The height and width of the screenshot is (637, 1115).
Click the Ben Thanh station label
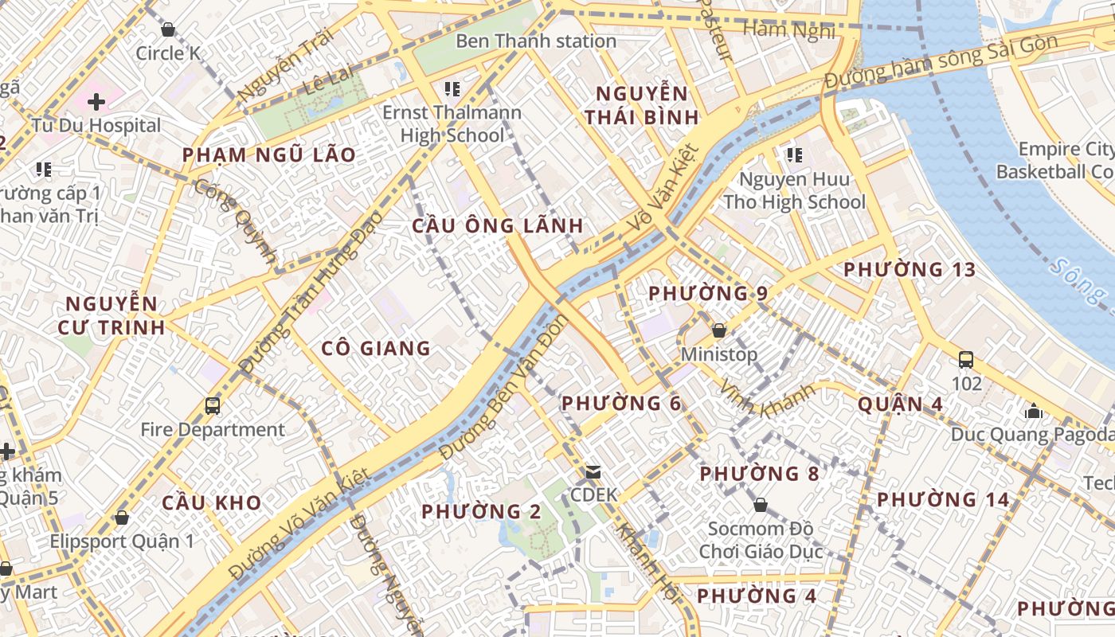tap(535, 41)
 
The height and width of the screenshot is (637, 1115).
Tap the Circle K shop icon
tap(168, 30)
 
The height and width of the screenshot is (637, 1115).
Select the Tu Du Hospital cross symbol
tap(96, 102)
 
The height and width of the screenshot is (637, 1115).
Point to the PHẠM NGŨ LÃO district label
tap(269, 155)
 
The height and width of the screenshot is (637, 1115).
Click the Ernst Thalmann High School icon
tap(452, 88)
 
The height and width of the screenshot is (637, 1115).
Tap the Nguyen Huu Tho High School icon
tap(794, 154)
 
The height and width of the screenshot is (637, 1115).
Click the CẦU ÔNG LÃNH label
tap(498, 226)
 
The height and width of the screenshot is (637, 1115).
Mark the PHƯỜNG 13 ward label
tap(910, 270)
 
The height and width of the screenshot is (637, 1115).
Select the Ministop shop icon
tap(719, 330)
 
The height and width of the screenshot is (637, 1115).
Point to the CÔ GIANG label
tap(376, 348)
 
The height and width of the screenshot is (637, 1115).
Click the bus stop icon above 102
tap(966, 360)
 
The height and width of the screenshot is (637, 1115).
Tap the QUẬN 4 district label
tap(900, 404)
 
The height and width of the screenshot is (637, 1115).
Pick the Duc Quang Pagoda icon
tap(1034, 411)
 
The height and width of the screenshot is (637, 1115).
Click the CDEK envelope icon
tap(593, 472)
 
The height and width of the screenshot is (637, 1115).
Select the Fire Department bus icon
tap(213, 406)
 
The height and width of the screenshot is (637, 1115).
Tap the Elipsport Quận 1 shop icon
tap(122, 518)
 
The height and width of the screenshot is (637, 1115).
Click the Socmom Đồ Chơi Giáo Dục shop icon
tap(761, 505)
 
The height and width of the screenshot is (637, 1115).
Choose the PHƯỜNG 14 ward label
tap(943, 500)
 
